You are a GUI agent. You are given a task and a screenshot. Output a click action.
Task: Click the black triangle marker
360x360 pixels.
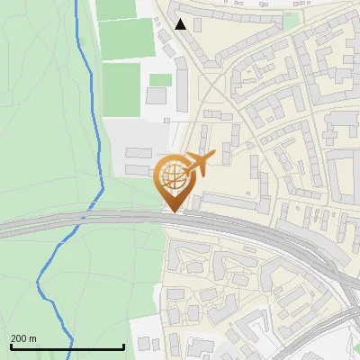point(181,24)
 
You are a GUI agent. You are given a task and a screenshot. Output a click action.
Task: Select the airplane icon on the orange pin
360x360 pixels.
point(198,164)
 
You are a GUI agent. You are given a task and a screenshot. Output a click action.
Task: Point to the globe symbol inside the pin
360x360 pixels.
point(172,173)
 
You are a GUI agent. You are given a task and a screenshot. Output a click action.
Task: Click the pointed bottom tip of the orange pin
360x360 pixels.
point(173,211)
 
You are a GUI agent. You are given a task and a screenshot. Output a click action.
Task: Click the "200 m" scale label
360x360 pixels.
point(24,338)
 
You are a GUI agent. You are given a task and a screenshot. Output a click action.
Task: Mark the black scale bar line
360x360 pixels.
point(67,347)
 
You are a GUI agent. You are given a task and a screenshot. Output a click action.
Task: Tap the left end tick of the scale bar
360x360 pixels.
point(11,346)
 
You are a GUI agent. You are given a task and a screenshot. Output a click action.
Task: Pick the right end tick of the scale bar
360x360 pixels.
point(124,346)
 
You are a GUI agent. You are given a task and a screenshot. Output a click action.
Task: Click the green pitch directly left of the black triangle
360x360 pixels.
point(126,38)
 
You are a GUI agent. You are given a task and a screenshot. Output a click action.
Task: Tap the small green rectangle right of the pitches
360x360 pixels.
point(160,80)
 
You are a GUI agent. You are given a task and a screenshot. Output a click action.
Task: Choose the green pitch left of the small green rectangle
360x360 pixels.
point(121,88)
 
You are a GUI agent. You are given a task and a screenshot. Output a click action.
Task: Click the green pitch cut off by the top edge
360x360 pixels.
point(115,8)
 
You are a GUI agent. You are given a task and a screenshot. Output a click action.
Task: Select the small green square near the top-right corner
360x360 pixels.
point(290,20)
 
